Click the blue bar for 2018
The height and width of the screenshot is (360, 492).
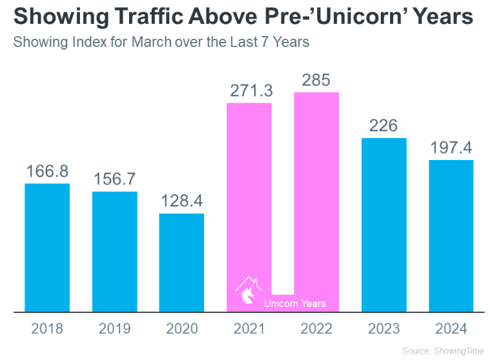[47, 248]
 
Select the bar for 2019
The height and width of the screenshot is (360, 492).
[114, 252]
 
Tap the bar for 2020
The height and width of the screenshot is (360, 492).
[181, 263]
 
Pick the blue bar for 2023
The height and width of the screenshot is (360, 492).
[384, 225]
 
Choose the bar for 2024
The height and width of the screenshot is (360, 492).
[451, 236]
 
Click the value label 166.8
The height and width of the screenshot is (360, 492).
[47, 172]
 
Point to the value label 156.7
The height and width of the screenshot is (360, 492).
[114, 179]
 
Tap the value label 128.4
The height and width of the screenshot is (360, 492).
[181, 201]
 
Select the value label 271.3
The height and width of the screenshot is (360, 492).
[249, 91]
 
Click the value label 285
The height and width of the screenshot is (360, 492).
[316, 81]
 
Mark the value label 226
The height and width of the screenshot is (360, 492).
[384, 126]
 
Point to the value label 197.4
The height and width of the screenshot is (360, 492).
[451, 148]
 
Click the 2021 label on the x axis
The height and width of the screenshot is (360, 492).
[249, 329]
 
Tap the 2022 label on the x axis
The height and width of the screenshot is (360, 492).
[316, 329]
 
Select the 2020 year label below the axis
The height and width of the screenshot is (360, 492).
[181, 329]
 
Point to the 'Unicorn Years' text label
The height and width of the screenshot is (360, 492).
[295, 303]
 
